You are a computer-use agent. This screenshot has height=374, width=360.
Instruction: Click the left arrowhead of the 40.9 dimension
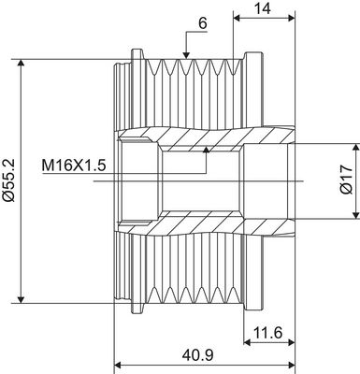click(x=118, y=365)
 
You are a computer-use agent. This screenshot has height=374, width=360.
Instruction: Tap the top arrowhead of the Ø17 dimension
click(x=354, y=147)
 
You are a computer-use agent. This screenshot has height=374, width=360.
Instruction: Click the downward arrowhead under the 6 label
click(x=188, y=58)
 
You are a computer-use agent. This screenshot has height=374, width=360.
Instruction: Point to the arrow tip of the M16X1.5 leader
click(x=207, y=147)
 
